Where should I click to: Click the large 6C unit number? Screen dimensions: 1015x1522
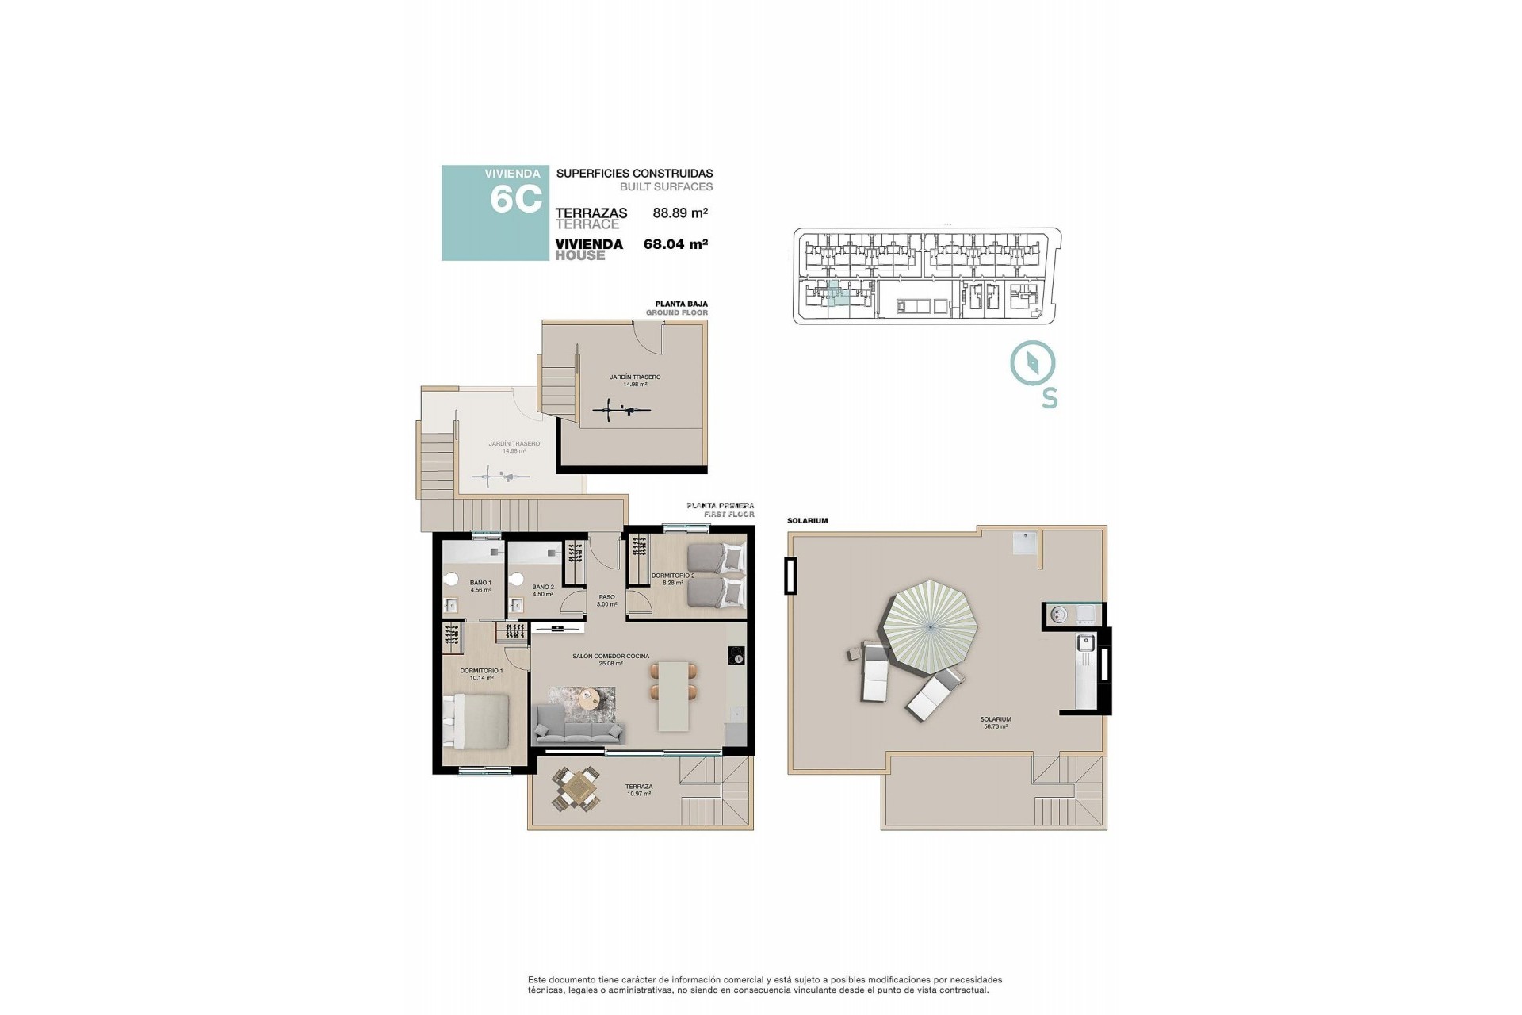[x=515, y=198]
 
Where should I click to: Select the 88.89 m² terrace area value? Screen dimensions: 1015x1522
[x=679, y=213]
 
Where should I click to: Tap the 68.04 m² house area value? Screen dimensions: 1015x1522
[x=675, y=244]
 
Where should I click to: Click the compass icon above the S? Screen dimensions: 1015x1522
[x=1032, y=364]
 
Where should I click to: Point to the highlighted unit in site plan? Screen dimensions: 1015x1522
[x=834, y=294]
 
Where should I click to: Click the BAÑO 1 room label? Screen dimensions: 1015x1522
[x=480, y=586]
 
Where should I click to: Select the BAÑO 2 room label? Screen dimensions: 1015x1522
[x=543, y=591]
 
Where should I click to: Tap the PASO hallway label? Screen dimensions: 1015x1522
[x=606, y=600]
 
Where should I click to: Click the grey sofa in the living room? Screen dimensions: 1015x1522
[x=579, y=726]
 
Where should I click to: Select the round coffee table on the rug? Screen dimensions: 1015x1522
[x=589, y=699]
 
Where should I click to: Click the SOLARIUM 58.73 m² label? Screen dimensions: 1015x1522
[x=996, y=722]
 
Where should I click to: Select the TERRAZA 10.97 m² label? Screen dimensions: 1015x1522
[x=638, y=790]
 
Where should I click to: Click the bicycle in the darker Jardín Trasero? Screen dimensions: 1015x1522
[x=622, y=411]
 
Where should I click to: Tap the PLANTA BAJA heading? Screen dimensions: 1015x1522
[x=681, y=304]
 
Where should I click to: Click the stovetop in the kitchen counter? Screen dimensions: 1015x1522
[x=737, y=656]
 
